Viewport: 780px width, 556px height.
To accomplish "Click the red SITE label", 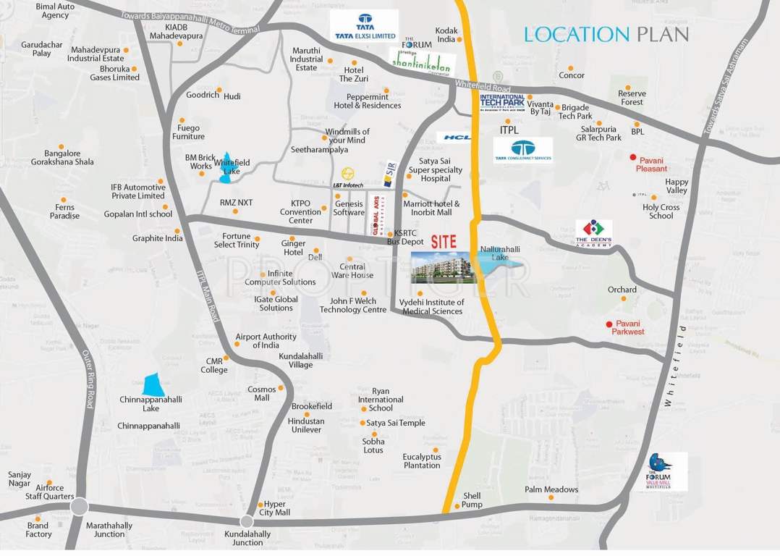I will [x=444, y=242].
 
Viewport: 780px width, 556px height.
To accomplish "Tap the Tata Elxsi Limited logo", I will [x=364, y=25].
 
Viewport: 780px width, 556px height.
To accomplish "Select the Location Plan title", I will [x=606, y=34].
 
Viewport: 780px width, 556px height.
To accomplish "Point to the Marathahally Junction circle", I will [x=80, y=506].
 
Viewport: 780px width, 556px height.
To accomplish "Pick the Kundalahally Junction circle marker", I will [x=247, y=521].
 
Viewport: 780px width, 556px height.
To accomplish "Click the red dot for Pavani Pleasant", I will [x=632, y=158].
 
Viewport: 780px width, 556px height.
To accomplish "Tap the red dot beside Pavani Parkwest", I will [x=609, y=324].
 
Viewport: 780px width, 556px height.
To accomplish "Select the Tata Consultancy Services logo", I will [x=523, y=150].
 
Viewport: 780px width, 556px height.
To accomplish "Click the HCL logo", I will [x=455, y=137].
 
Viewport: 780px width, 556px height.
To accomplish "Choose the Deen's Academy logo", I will [x=594, y=233].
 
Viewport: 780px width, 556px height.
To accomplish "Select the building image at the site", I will [x=444, y=267].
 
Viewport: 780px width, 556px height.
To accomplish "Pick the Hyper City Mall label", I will [x=276, y=507].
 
